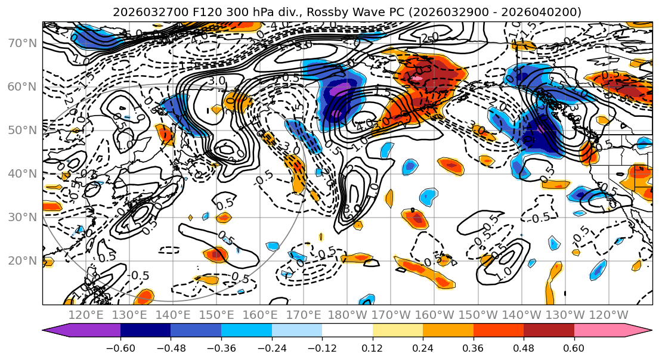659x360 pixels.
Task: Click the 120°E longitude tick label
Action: [86, 315]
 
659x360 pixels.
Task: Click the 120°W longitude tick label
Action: [608, 315]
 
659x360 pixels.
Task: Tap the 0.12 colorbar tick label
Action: [372, 347]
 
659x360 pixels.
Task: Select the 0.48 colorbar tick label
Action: [524, 347]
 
